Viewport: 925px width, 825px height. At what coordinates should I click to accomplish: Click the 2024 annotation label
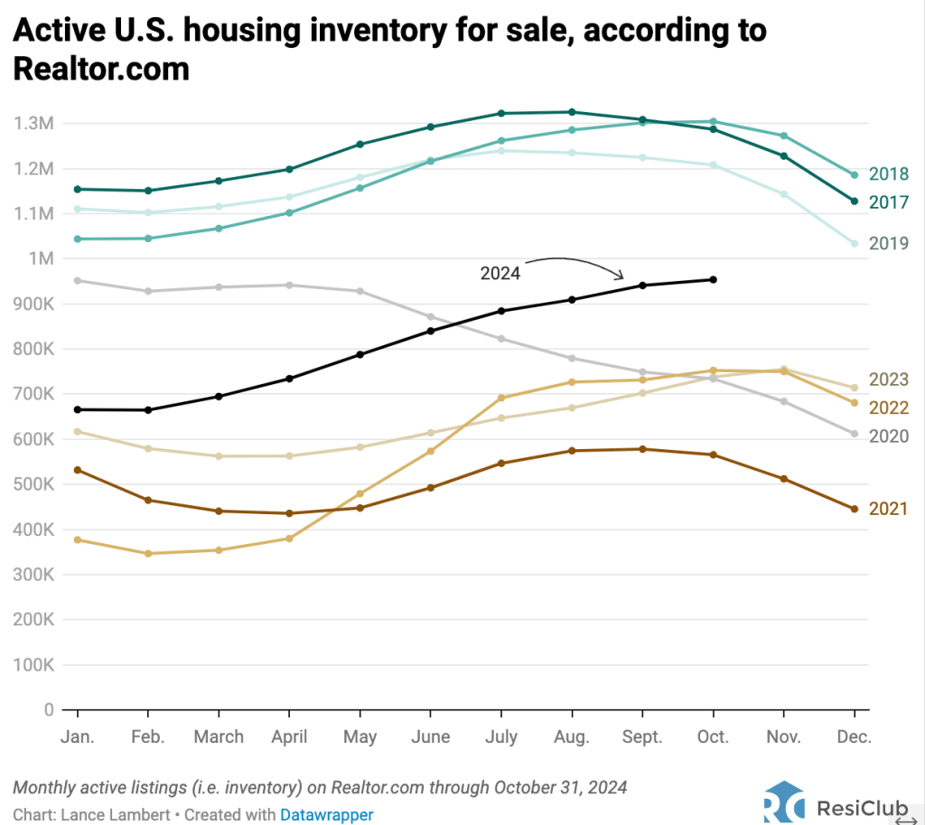pyautogui.click(x=500, y=273)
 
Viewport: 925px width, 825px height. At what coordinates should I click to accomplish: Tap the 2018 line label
pyautogui.click(x=888, y=174)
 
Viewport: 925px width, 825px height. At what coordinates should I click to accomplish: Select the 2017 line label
pyautogui.click(x=888, y=202)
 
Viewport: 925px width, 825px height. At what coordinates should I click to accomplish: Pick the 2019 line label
pyautogui.click(x=888, y=243)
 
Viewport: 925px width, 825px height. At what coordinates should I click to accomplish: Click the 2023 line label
pyautogui.click(x=888, y=380)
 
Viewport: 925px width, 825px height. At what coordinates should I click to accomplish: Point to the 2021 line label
pyautogui.click(x=888, y=509)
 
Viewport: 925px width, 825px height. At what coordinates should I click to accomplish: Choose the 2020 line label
pyautogui.click(x=888, y=436)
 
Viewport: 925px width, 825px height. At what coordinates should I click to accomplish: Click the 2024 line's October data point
pyautogui.click(x=713, y=280)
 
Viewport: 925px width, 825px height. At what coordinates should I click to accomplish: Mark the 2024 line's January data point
pyautogui.click(x=78, y=409)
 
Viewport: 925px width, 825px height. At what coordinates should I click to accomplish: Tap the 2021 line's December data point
pyautogui.click(x=854, y=509)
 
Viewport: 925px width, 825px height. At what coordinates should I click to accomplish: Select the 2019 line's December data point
pyautogui.click(x=854, y=243)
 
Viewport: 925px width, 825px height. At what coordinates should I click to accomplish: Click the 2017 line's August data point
pyautogui.click(x=572, y=112)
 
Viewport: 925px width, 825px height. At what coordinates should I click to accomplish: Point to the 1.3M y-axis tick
pyautogui.click(x=33, y=123)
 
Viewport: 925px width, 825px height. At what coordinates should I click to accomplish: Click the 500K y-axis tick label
pyautogui.click(x=33, y=484)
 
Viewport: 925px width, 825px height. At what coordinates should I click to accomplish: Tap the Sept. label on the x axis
pyautogui.click(x=642, y=737)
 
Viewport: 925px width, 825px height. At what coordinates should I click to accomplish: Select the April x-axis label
pyautogui.click(x=289, y=737)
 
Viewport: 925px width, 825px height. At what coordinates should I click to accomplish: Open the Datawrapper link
pyautogui.click(x=326, y=814)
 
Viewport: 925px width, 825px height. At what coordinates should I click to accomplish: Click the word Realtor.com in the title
pyautogui.click(x=101, y=68)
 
